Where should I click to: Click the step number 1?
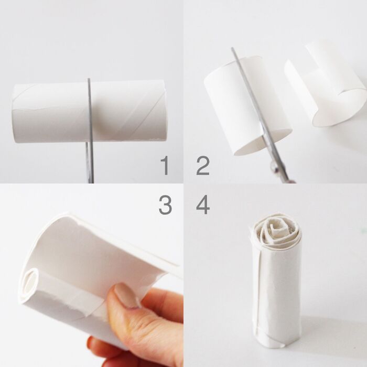pyautogui.click(x=165, y=166)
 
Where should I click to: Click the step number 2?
pyautogui.click(x=203, y=166)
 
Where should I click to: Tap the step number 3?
pyautogui.click(x=165, y=205)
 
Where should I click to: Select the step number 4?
pyautogui.click(x=203, y=205)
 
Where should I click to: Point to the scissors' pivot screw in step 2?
pyautogui.click(x=274, y=167)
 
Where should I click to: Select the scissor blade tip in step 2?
pyautogui.click(x=232, y=48)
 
